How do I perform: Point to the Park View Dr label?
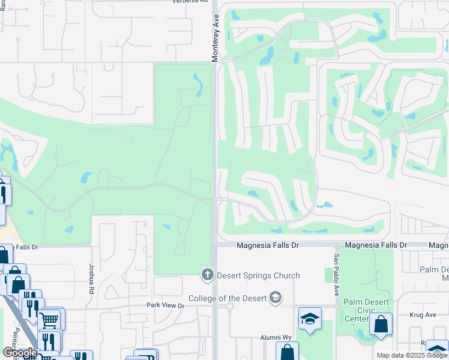click(x=166, y=305)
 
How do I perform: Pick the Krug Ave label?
click(x=424, y=314)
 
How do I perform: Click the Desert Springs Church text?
click(x=258, y=276)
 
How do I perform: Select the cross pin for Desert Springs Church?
click(x=207, y=275)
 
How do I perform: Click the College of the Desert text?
click(x=228, y=298)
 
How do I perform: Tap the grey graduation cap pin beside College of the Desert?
click(x=275, y=298)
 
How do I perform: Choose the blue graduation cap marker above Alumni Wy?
click(x=310, y=318)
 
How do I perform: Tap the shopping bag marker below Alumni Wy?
click(x=287, y=352)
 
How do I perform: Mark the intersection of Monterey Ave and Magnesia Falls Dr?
click(x=214, y=245)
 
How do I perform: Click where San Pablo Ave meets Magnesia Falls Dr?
click(x=335, y=245)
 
